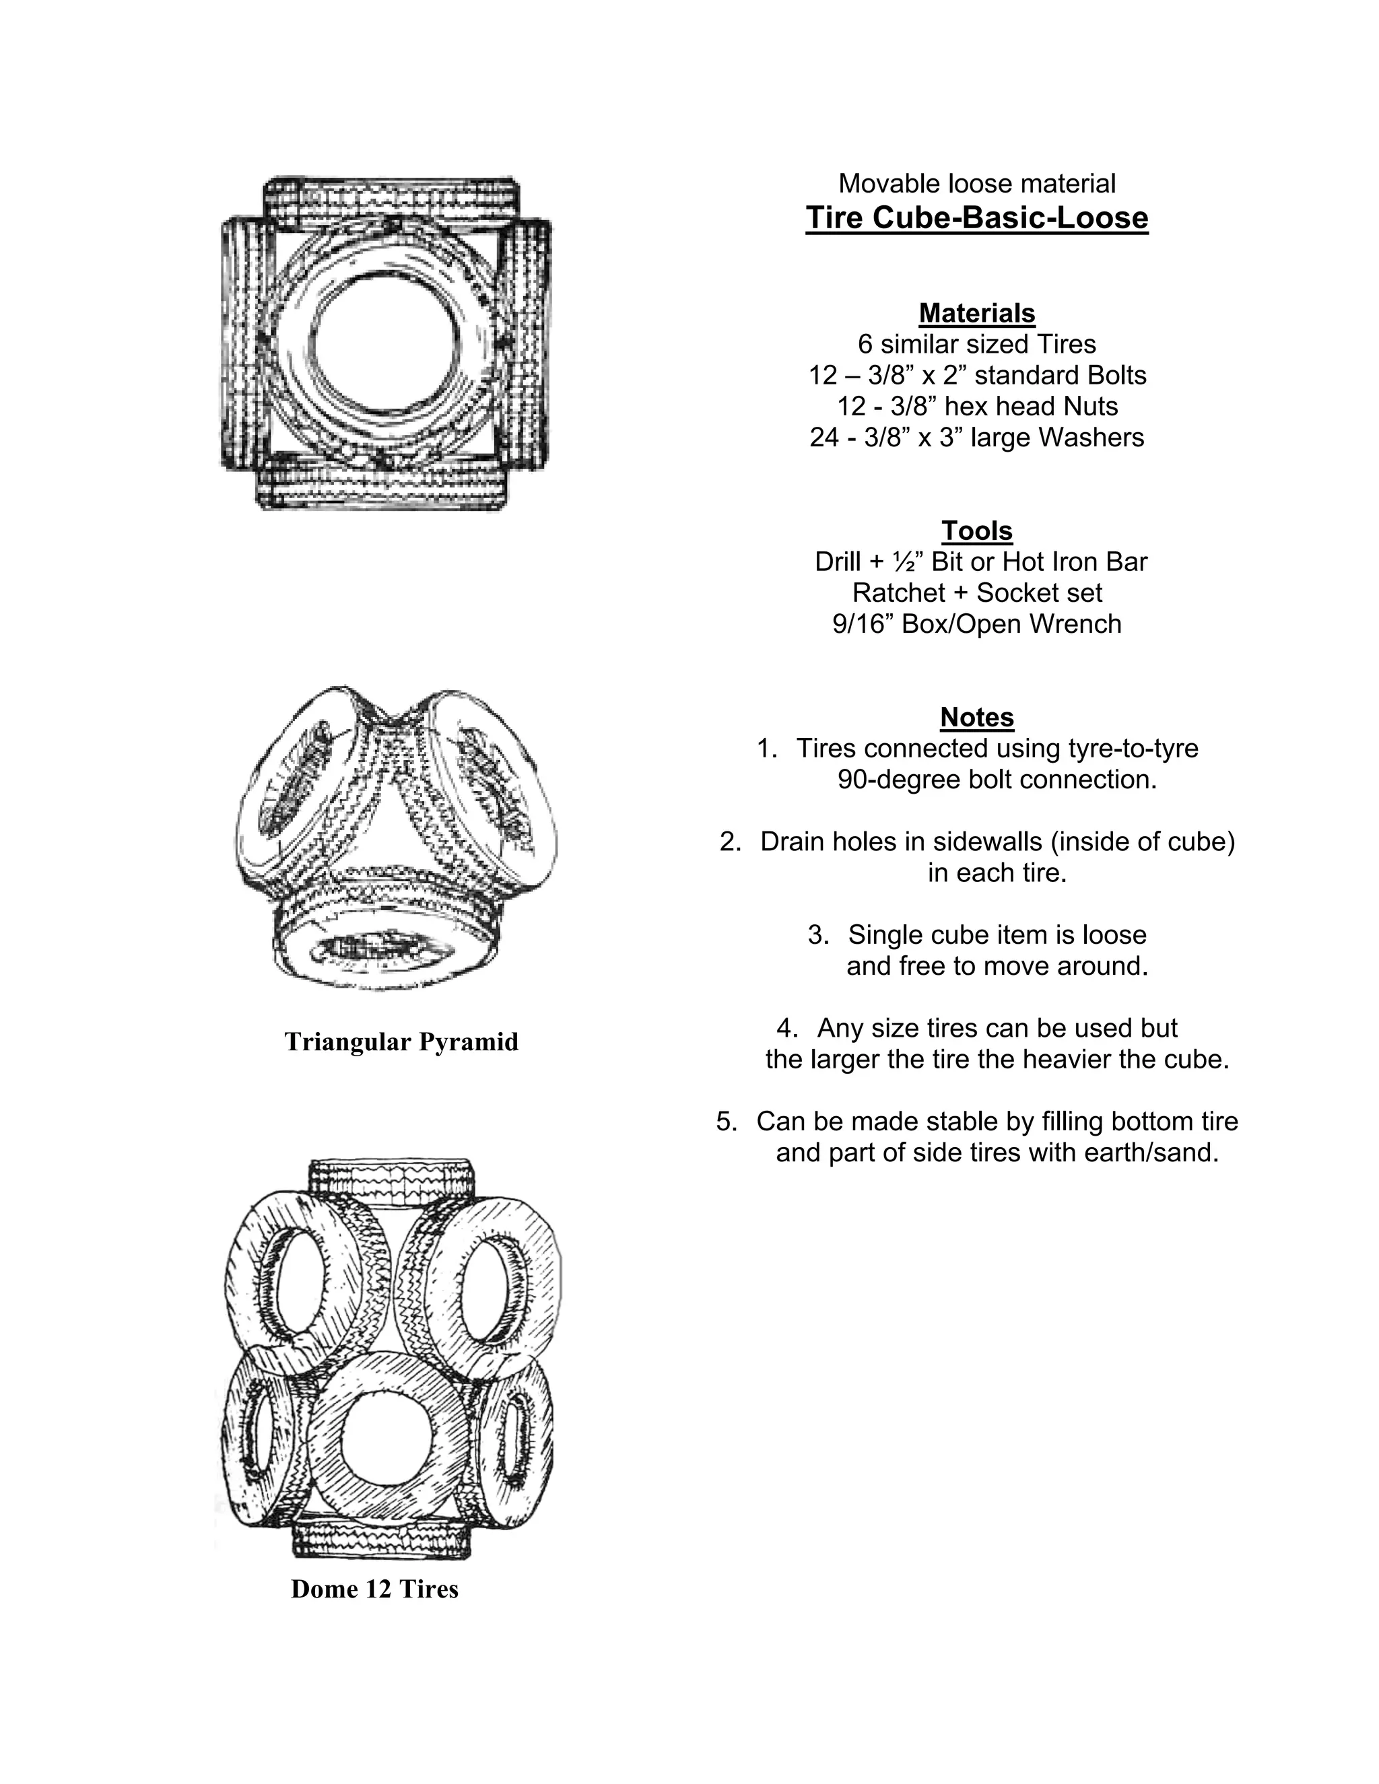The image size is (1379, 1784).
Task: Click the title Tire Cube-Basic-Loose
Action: [x=976, y=218]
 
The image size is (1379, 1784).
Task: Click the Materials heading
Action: [x=976, y=313]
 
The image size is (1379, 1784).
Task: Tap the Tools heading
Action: [x=976, y=531]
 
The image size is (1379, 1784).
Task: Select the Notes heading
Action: [x=976, y=717]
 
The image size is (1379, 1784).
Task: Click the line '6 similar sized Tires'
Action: [x=976, y=344]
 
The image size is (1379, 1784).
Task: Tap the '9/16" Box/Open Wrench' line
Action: [x=976, y=624]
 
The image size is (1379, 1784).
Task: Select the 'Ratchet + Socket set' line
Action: [x=976, y=593]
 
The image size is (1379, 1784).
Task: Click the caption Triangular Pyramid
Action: [x=401, y=1042]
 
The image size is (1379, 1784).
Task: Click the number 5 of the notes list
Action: [x=727, y=1122]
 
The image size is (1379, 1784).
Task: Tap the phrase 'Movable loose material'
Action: [x=976, y=184]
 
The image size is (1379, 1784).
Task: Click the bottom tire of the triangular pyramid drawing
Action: [x=384, y=948]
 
